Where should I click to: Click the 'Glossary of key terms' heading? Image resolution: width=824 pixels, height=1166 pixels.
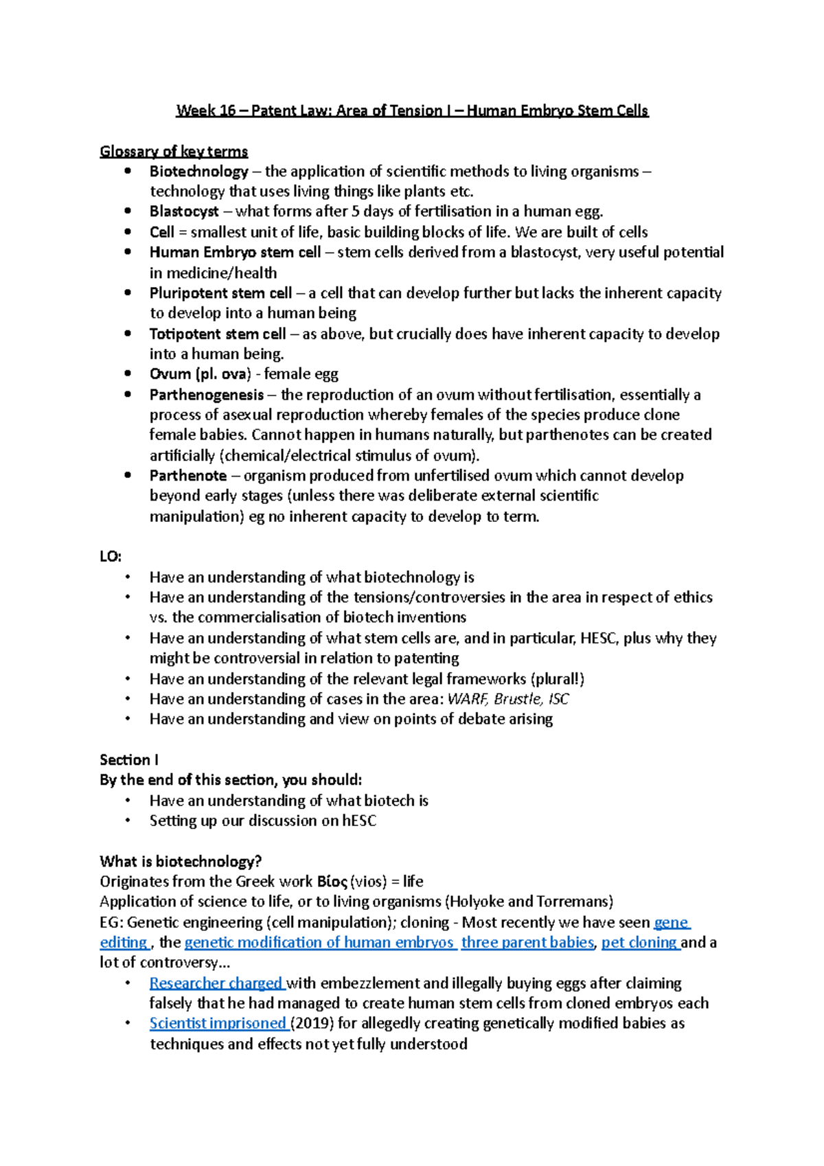pos(174,151)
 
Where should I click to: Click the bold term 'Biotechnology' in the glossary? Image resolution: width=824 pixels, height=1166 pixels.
pos(198,172)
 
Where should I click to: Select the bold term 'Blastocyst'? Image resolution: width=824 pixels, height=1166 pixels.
pos(184,212)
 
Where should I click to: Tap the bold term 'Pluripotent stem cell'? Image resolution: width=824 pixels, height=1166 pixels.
pos(220,293)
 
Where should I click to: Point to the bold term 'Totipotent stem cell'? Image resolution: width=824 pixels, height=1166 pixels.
pos(218,334)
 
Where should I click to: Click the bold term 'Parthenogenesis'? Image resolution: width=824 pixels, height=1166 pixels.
pos(207,395)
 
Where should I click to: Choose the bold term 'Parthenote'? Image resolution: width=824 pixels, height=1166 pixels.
pos(188,476)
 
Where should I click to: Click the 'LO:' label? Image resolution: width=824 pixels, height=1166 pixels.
pos(110,556)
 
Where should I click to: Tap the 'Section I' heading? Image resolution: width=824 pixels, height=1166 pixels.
pos(129,759)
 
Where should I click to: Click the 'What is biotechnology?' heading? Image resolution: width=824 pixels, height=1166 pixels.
pos(181,861)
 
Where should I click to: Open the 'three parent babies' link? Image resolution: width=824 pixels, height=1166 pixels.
pos(527,942)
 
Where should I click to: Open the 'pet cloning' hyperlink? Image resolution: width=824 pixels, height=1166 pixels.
pos(639,942)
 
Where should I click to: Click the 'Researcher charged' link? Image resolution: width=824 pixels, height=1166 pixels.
pos(216,983)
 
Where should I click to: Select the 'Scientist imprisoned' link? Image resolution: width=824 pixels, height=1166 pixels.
pos(218,1023)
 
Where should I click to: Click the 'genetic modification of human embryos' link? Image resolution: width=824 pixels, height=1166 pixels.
pos(319,942)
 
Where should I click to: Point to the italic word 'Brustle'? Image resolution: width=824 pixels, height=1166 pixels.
pos(517,699)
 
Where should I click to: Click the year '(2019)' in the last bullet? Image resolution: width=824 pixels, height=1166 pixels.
pos(312,1023)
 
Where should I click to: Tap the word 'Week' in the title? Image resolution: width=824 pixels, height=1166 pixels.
pos(196,111)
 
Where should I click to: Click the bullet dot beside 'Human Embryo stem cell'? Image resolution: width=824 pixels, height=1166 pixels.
pos(128,252)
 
